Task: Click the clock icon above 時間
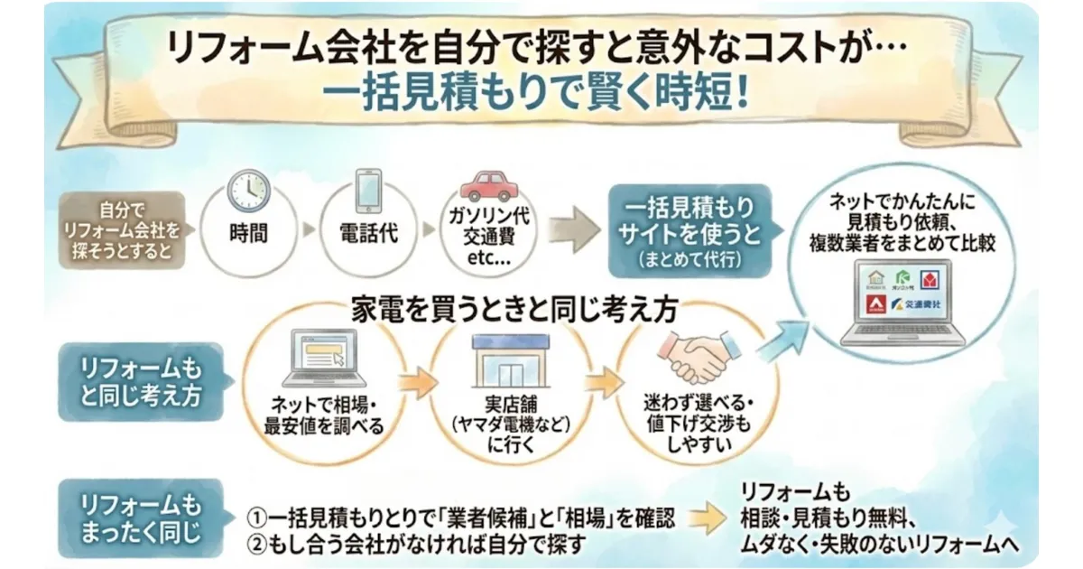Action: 247,191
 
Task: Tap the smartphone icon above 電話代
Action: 368,190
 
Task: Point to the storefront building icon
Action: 512,359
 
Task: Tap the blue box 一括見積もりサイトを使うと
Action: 690,229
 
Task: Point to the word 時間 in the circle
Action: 247,233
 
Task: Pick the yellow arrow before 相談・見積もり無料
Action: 713,518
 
